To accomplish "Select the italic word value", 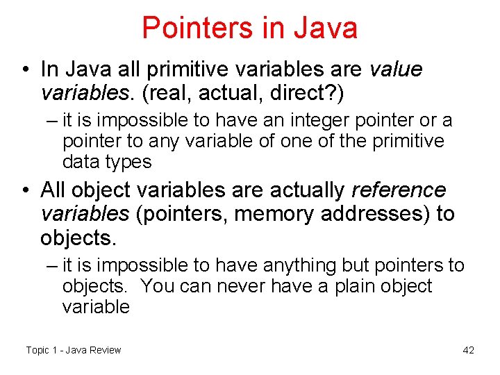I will point(396,69).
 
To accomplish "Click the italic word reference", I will point(399,190).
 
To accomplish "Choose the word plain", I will point(339,286).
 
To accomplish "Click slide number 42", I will point(468,350).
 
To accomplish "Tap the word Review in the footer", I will point(104,350).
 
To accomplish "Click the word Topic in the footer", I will point(37,350).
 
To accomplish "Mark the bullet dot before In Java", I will point(25,70).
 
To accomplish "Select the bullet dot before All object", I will point(25,190).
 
